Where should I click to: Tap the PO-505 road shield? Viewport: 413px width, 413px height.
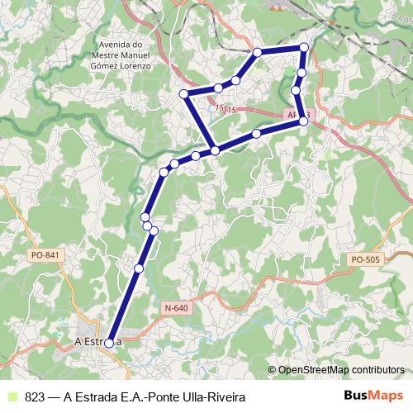point(364,259)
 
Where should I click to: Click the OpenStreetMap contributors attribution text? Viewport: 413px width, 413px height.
point(341,370)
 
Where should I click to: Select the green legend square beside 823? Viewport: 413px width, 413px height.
point(11,396)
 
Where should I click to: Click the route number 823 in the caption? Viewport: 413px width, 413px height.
point(35,396)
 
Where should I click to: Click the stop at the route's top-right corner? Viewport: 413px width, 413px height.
point(304,48)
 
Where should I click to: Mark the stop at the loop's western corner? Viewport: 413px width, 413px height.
point(185,94)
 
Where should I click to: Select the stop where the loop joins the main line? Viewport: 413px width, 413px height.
point(215,150)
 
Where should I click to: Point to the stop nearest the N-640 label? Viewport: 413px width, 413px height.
point(138,268)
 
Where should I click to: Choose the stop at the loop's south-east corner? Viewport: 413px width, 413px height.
point(303,121)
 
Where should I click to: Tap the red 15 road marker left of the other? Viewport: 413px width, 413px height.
point(217,107)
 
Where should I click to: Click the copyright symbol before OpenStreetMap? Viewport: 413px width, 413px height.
point(272,370)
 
